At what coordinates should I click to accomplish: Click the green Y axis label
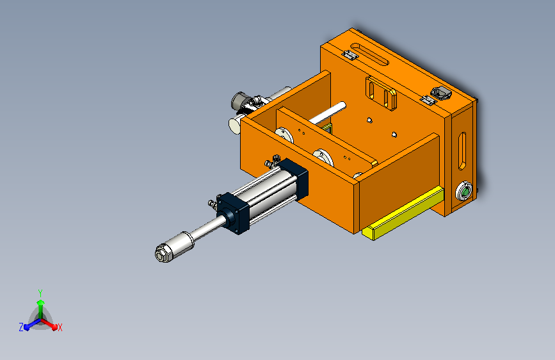[x=40, y=293]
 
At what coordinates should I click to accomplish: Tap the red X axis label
[x=60, y=328]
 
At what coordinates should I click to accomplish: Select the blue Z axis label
[x=21, y=327]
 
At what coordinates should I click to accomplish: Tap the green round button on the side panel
[x=464, y=192]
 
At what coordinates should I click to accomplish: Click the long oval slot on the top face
[x=369, y=54]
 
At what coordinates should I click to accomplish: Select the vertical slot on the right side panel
[x=462, y=151]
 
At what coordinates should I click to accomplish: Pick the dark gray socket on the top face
[x=441, y=93]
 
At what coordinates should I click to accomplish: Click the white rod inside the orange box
[x=328, y=113]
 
